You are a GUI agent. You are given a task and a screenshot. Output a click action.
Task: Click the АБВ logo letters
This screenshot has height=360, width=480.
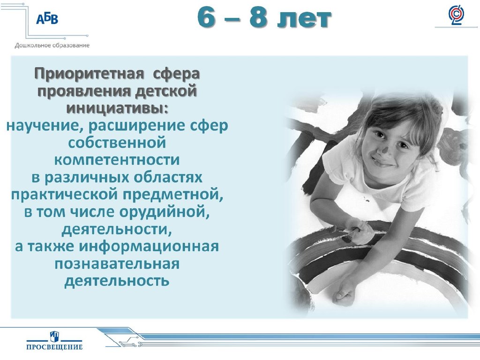pyautogui.click(x=47, y=19)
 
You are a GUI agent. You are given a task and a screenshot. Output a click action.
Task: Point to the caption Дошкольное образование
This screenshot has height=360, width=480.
pyautogui.click(x=52, y=45)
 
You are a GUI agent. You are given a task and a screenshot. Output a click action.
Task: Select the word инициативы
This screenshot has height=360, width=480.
pyautogui.click(x=115, y=108)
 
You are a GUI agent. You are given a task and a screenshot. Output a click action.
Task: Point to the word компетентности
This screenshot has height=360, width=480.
pyautogui.click(x=117, y=160)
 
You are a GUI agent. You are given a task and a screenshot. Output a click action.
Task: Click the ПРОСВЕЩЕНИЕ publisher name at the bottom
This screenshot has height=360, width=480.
pyautogui.click(x=54, y=347)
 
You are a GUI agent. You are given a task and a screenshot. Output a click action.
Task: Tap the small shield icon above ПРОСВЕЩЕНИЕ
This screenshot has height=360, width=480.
pyautogui.click(x=54, y=336)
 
